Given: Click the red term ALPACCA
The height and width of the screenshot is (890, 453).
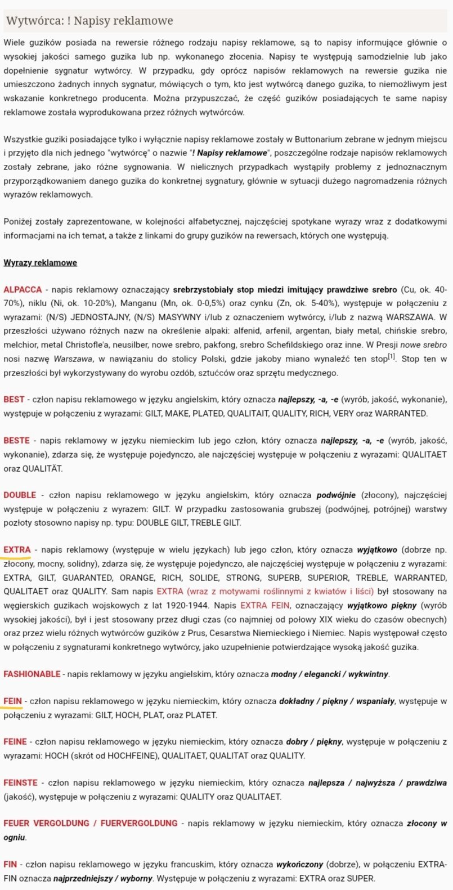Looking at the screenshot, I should [x=23, y=289].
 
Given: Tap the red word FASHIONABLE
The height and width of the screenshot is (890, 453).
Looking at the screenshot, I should [x=32, y=674].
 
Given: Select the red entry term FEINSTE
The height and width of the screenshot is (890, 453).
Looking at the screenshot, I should [x=21, y=782].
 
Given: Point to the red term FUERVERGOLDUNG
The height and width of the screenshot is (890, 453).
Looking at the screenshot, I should [x=139, y=823].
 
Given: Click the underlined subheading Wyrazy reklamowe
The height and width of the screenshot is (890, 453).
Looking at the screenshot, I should [x=40, y=263].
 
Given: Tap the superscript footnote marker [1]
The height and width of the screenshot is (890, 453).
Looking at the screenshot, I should [x=392, y=357].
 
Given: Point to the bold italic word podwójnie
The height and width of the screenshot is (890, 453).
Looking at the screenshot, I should [x=337, y=495].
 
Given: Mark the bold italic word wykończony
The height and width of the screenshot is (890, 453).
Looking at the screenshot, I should [x=298, y=864].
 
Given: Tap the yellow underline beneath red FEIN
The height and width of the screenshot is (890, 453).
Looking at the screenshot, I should [x=13, y=708].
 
